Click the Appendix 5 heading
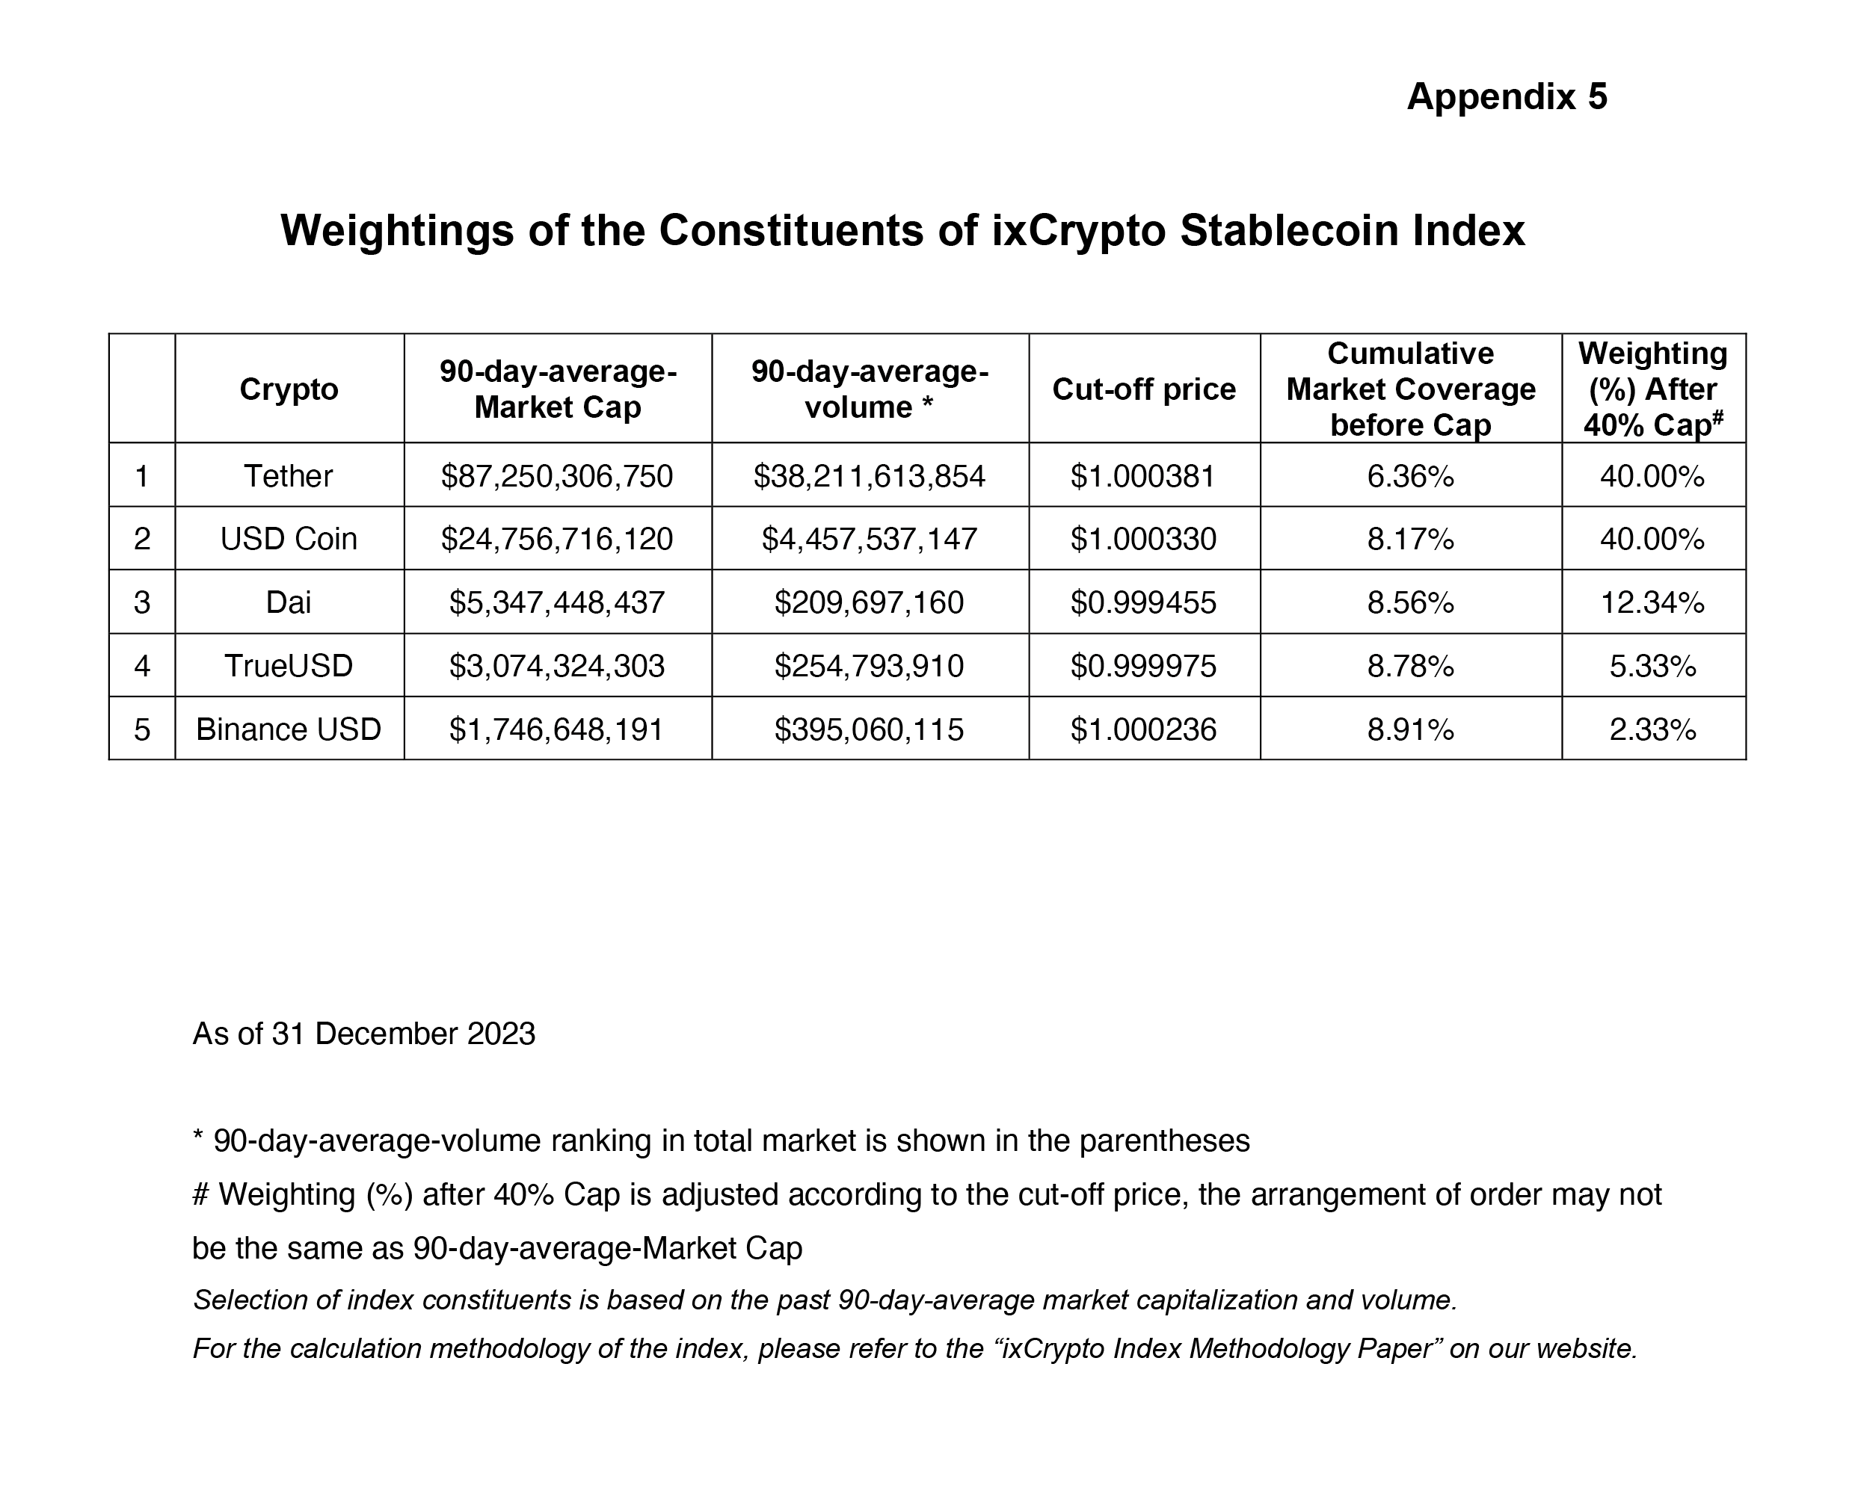tap(1506, 96)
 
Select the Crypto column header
tap(289, 389)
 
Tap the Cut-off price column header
tap(1143, 389)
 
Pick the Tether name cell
tap(289, 476)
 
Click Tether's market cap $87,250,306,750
tap(557, 476)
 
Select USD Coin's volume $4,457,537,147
tap(870, 539)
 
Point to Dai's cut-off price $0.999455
tap(1143, 602)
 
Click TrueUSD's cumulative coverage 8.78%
tap(1410, 666)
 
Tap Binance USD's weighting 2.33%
tap(1652, 729)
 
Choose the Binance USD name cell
tap(289, 729)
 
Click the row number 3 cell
tap(142, 602)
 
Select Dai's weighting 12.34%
tap(1652, 602)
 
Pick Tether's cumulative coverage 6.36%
tap(1410, 476)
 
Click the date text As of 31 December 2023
tap(363, 1034)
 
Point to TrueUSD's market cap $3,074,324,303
tap(557, 666)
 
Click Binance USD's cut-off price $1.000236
tap(1143, 729)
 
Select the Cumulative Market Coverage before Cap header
tap(1410, 389)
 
